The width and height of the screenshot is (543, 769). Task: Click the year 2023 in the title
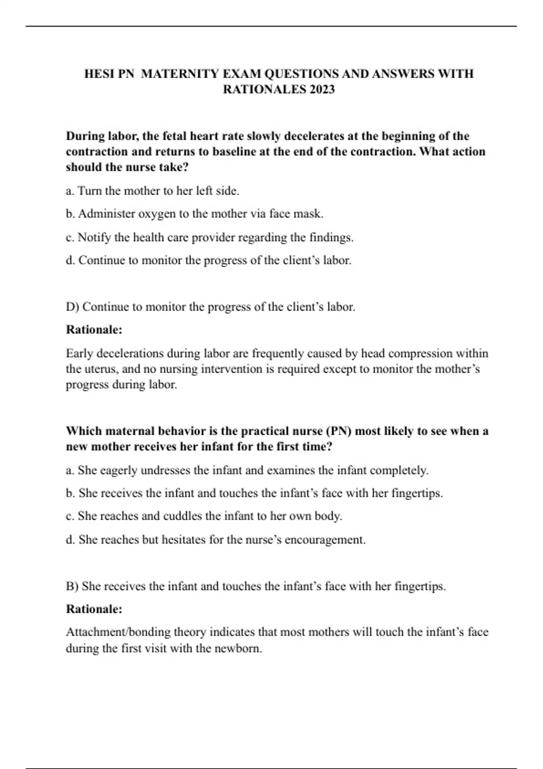[322, 89]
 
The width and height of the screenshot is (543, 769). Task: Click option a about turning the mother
[152, 191]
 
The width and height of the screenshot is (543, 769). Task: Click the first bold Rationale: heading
[94, 330]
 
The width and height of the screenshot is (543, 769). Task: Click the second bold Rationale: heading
[94, 609]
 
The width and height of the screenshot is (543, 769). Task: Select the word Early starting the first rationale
[79, 353]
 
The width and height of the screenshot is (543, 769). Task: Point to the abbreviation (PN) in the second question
[339, 431]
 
